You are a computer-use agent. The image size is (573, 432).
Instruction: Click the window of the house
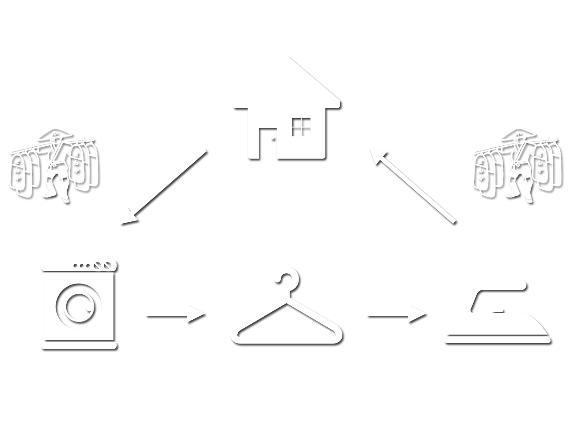(301, 127)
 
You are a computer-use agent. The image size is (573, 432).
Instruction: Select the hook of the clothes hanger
(286, 280)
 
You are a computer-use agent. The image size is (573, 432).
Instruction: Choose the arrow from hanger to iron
(397, 315)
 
